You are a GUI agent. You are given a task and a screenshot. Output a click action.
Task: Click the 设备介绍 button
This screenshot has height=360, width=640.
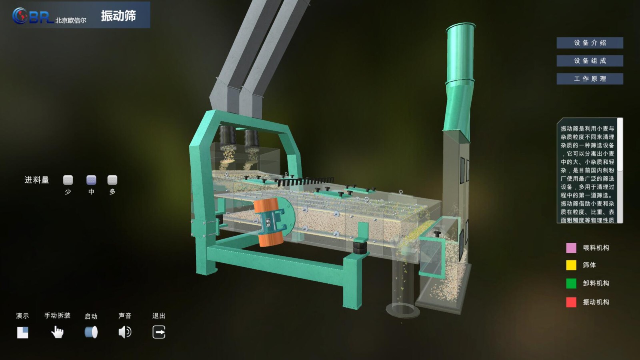(x=590, y=43)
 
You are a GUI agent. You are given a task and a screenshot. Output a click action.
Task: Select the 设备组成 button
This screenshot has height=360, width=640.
(x=590, y=61)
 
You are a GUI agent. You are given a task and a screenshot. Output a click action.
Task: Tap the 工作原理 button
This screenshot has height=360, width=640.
(x=590, y=79)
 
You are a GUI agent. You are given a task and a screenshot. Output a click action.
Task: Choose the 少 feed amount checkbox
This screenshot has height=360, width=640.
(x=68, y=180)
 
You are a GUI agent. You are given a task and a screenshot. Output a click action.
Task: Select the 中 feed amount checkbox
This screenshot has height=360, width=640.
(x=91, y=180)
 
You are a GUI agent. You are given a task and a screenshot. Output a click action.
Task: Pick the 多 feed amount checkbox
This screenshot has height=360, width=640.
(x=112, y=180)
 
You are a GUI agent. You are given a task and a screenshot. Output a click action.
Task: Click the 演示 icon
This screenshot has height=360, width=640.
(x=22, y=332)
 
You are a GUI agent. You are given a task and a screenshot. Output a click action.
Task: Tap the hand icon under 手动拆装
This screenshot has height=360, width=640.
(x=57, y=332)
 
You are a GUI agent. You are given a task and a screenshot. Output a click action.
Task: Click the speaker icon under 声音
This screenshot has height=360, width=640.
(x=125, y=332)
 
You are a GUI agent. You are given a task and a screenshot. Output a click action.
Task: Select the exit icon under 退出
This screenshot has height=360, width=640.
(x=159, y=332)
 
